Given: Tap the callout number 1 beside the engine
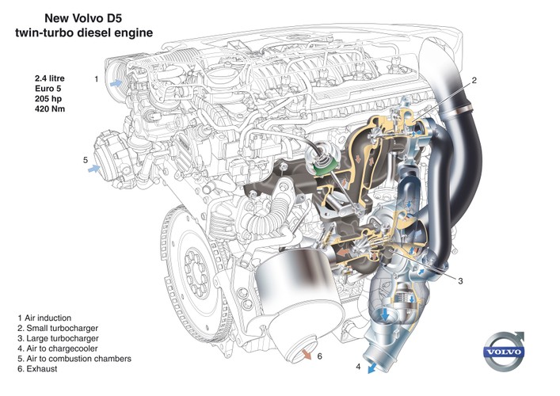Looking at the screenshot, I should (x=96, y=79).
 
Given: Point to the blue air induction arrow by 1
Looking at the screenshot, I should (x=117, y=81).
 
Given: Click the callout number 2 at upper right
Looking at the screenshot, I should (x=474, y=80).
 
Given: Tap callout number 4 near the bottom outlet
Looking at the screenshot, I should (x=358, y=367).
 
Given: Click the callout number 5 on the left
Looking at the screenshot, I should (x=85, y=160).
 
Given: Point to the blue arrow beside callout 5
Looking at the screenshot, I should (x=95, y=169).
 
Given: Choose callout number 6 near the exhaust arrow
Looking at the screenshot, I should (x=319, y=356).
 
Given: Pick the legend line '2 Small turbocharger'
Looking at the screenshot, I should (x=67, y=328).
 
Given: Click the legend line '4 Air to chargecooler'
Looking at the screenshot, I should (x=67, y=350).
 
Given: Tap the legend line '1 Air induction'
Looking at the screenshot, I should (x=55, y=317).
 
